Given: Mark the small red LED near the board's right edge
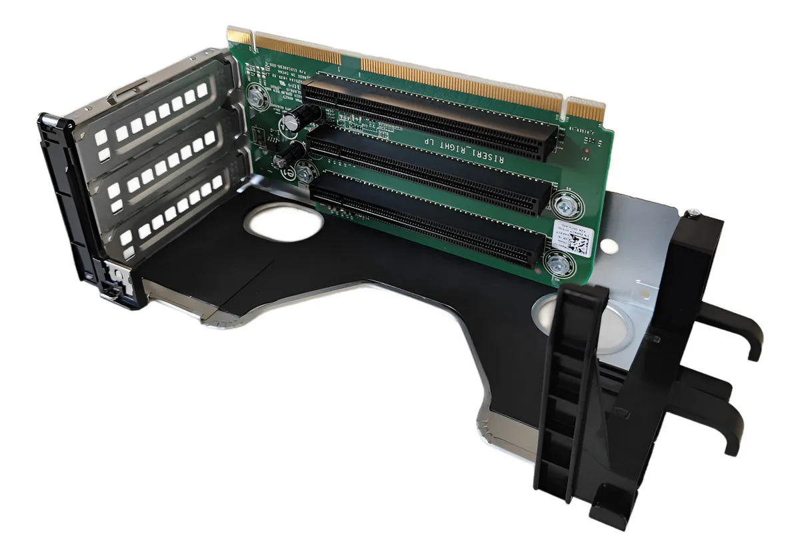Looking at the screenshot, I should point(585,152).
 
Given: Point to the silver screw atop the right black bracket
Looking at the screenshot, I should point(694,213).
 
